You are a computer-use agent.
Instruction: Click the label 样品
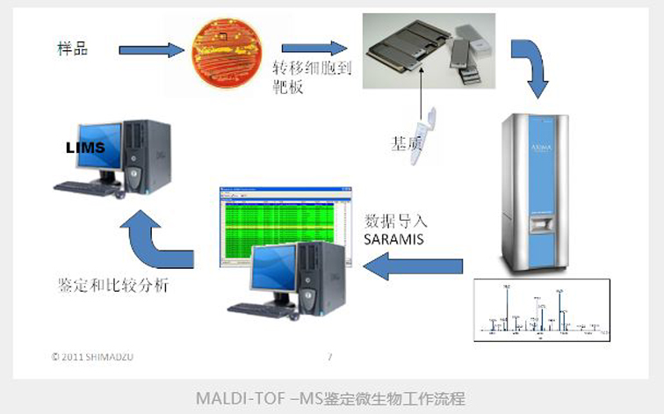72,46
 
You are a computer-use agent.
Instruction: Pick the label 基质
409,142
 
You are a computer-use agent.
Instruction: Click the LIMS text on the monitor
84,148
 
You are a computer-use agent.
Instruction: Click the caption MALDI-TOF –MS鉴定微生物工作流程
330,398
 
